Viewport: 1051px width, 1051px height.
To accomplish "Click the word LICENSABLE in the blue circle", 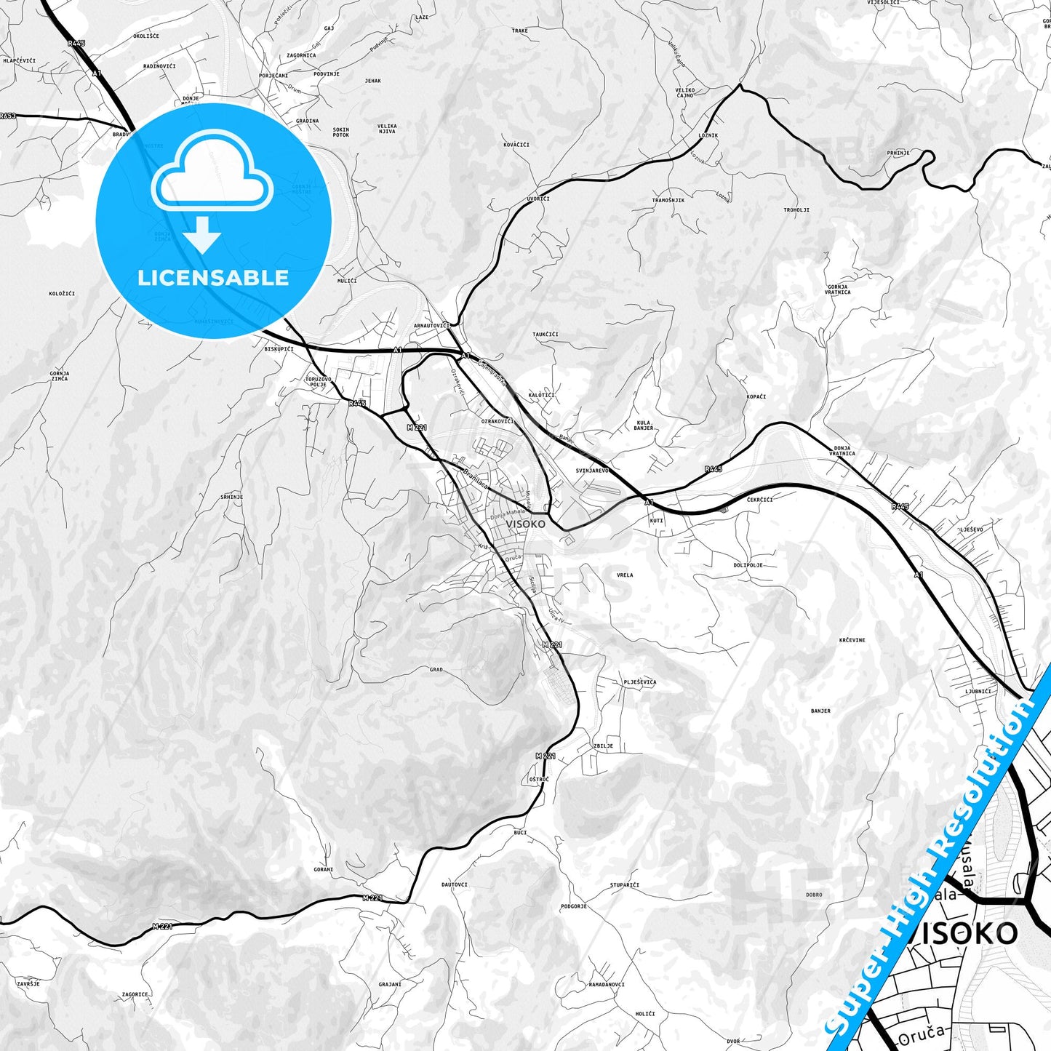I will pos(213,278).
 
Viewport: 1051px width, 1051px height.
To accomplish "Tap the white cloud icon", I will pos(212,175).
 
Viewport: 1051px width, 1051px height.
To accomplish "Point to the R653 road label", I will pos(8,116).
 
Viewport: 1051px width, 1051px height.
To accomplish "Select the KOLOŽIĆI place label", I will pos(62,294).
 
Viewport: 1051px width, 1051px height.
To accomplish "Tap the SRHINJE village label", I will pos(232,497).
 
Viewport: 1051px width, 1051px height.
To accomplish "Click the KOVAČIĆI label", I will pos(516,145).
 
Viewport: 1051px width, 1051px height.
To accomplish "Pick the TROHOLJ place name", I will pos(796,210).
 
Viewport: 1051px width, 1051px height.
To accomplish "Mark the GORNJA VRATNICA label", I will pos(838,289).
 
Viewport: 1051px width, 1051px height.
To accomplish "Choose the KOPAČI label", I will pos(756,396).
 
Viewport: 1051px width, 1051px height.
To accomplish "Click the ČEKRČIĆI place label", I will pos(760,500).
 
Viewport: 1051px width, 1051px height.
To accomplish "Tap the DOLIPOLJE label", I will pos(748,565).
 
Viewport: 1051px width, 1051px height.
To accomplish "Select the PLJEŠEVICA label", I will pos(639,682).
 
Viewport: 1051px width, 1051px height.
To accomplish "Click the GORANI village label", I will pos(324,869).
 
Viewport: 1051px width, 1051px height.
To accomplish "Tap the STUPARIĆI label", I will pos(625,885).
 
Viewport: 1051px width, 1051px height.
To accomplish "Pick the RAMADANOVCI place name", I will pos(607,985).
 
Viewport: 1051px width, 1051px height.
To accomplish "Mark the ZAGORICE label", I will pos(135,994).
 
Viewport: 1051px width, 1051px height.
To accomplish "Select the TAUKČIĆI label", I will pos(546,335).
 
